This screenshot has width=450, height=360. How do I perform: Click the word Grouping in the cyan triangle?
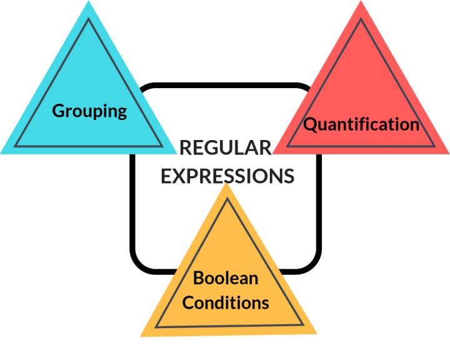tap(89, 111)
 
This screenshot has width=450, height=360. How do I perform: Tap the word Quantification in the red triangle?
tap(361, 124)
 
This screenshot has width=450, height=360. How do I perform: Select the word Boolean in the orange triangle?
tap(226, 277)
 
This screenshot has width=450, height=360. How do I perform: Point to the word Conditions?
tap(226, 303)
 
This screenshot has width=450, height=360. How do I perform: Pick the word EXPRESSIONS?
tap(227, 176)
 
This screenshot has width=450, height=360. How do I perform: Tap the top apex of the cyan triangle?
tap(89, 2)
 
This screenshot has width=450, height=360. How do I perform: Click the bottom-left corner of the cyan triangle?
tap(2, 152)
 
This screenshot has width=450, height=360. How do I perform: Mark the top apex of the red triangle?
tap(361, 2)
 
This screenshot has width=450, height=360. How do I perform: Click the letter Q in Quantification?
tap(309, 124)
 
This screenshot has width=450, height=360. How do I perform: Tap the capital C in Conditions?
tap(189, 303)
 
